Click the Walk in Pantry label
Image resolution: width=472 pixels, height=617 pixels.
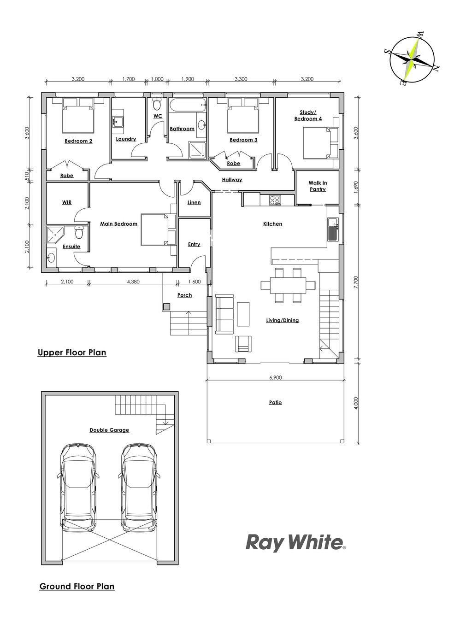[x=318, y=186]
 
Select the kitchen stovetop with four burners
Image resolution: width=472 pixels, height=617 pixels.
[x=275, y=200]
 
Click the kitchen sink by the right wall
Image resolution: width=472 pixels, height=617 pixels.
[x=333, y=229]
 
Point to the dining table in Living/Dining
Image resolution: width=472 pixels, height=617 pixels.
[x=288, y=285]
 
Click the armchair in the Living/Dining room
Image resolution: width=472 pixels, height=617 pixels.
[x=243, y=343]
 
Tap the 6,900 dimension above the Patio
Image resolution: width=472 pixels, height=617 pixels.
[x=276, y=377]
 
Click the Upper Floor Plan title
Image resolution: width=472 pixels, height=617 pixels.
[x=72, y=353]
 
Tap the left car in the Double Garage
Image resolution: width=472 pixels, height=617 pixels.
[x=78, y=488]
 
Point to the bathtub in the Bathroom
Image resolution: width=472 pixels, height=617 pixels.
[x=188, y=106]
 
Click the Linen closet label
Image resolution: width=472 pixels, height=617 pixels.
[x=194, y=203]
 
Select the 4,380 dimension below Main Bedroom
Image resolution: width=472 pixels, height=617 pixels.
[x=133, y=282]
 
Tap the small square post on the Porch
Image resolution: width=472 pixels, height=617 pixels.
[x=166, y=307]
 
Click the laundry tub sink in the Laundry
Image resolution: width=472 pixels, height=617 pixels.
[x=118, y=122]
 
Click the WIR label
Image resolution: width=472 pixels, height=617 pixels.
[x=67, y=202]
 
